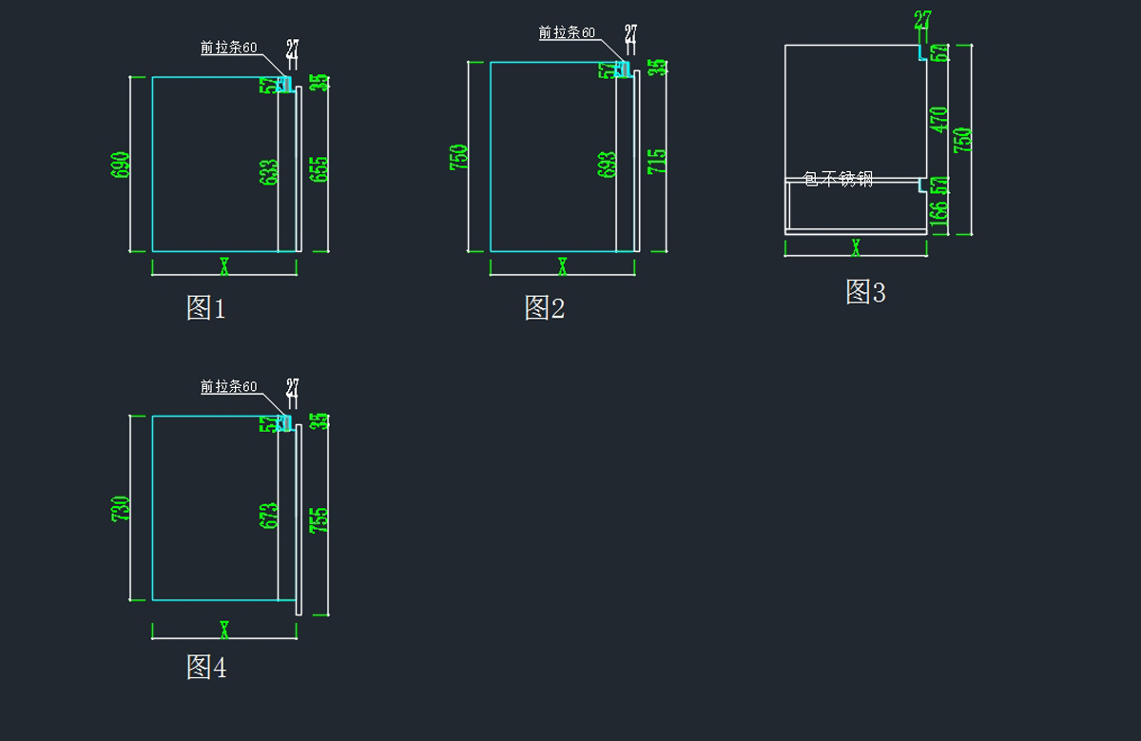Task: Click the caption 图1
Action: tap(205, 307)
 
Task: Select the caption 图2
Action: tap(544, 307)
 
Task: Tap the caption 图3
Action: tap(865, 292)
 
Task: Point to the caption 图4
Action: tap(206, 668)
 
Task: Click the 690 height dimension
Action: tap(121, 165)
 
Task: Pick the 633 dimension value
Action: tap(269, 171)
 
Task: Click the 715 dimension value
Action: tap(657, 160)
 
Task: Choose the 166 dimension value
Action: tap(939, 214)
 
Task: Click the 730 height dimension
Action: tap(121, 509)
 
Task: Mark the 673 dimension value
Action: tap(269, 517)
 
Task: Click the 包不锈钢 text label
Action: tap(837, 179)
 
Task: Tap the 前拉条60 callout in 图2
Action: tap(567, 33)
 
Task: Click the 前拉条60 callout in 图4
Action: tap(228, 387)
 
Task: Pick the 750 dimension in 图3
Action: tap(962, 140)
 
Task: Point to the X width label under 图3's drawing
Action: tap(856, 247)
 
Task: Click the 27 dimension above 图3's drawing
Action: tap(922, 20)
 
